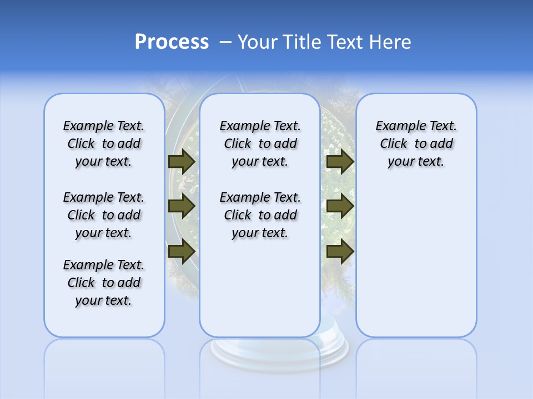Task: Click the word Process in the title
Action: click(x=172, y=42)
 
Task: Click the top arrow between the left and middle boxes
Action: click(x=182, y=161)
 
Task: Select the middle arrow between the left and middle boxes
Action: click(x=182, y=206)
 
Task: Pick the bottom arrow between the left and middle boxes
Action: click(x=182, y=251)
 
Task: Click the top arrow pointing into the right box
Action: click(x=340, y=161)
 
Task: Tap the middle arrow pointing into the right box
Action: click(x=340, y=206)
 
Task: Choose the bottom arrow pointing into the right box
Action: click(x=340, y=251)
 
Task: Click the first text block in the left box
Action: click(x=104, y=144)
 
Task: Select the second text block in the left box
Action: click(x=104, y=215)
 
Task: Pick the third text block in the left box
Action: click(x=104, y=283)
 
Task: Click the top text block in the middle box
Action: click(x=260, y=144)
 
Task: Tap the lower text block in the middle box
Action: click(x=260, y=215)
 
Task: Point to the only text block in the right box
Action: click(x=416, y=144)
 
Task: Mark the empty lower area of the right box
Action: click(x=416, y=260)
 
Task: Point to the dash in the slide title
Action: click(x=225, y=42)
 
